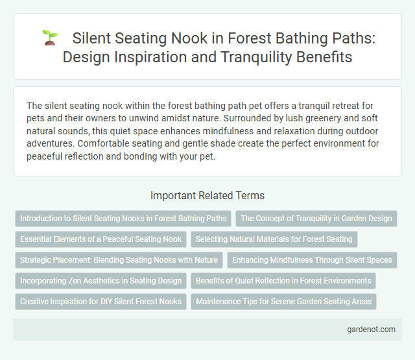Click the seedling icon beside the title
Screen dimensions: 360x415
(x=50, y=38)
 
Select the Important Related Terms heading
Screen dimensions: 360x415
(x=207, y=195)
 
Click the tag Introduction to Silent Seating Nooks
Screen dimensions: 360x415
(x=123, y=219)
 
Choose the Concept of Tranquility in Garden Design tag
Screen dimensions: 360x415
(x=316, y=219)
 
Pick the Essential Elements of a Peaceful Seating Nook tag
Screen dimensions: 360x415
(x=101, y=239)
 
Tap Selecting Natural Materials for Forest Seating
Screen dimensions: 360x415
(x=274, y=239)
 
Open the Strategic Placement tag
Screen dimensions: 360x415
(x=118, y=260)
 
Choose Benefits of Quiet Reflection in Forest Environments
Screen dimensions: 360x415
(x=283, y=281)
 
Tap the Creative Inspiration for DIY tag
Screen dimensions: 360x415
(x=101, y=302)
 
